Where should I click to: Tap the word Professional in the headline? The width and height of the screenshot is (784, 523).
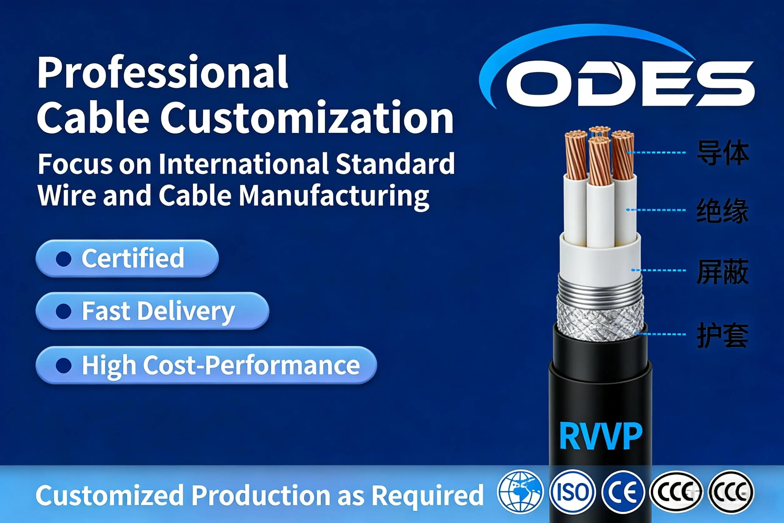pyautogui.click(x=163, y=73)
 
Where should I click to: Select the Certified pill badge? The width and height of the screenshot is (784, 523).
pyautogui.click(x=127, y=258)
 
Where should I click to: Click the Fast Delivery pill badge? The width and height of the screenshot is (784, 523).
pyautogui.click(x=152, y=311)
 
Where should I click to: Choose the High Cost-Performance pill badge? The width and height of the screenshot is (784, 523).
pyautogui.click(x=206, y=365)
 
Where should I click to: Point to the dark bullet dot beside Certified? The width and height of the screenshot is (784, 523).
pyautogui.click(x=64, y=259)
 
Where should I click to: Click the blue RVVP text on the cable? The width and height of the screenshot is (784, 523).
pyautogui.click(x=601, y=436)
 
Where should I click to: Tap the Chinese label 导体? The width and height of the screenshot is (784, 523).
pyautogui.click(x=723, y=153)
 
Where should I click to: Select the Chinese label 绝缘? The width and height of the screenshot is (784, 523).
pyautogui.click(x=723, y=211)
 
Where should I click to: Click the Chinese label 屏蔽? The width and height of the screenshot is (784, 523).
pyautogui.click(x=723, y=272)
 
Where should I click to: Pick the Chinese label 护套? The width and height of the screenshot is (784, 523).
pyautogui.click(x=723, y=335)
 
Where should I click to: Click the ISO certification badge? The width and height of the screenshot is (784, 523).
pyautogui.click(x=572, y=492)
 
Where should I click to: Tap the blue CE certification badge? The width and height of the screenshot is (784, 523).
pyautogui.click(x=623, y=492)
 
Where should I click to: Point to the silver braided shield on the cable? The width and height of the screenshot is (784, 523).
pyautogui.click(x=600, y=318)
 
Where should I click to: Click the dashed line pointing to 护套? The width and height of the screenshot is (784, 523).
pyautogui.click(x=660, y=334)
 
